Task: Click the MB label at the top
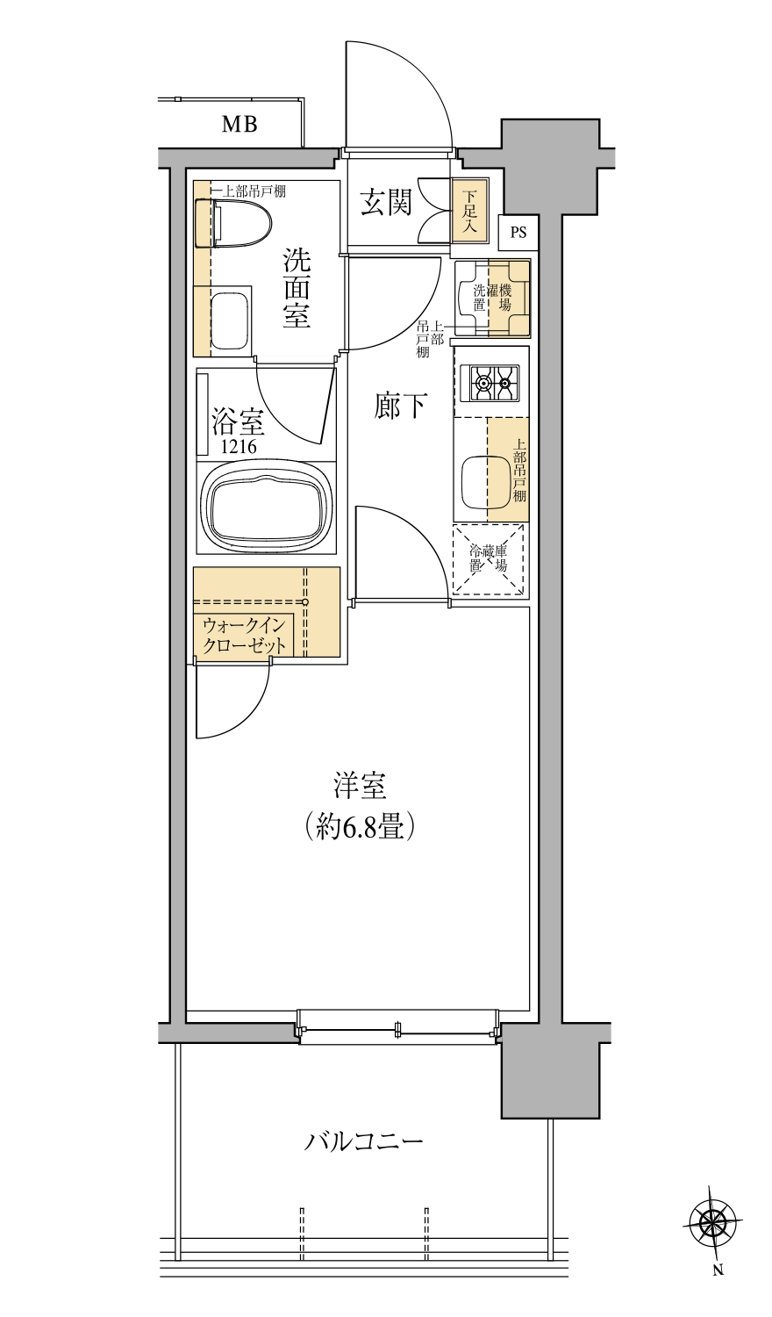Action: [239, 125]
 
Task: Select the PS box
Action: [518, 233]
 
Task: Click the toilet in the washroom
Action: [234, 223]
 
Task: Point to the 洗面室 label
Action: [297, 288]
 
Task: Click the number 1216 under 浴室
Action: [239, 448]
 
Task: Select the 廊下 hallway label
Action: [401, 406]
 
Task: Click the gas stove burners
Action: [490, 384]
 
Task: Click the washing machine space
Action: [492, 299]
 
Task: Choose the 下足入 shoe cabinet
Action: [469, 211]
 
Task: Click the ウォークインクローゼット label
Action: [245, 636]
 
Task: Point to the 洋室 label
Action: [361, 787]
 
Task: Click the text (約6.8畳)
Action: [360, 827]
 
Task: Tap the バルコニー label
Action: [364, 1141]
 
